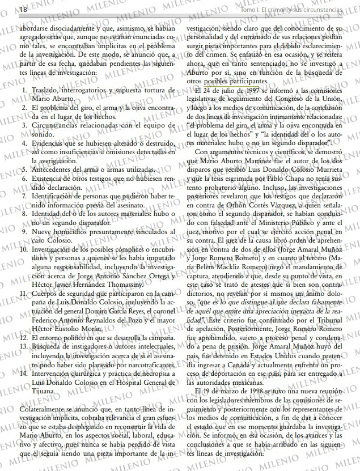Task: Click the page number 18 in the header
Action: (x=8, y=10)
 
